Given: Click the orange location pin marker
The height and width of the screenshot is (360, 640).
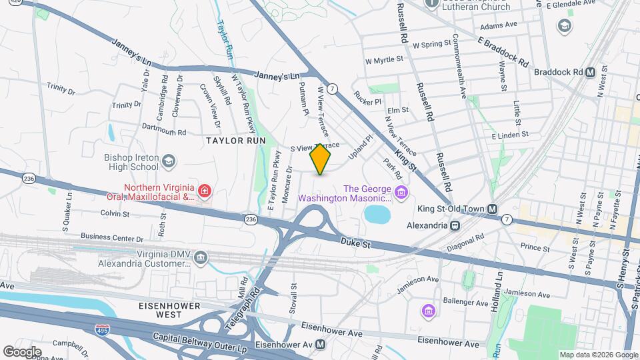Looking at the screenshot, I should coord(321,159).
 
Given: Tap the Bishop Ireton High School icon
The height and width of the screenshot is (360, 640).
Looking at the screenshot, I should coord(169,161).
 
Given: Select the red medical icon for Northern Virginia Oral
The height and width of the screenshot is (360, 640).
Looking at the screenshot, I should coord(205,192).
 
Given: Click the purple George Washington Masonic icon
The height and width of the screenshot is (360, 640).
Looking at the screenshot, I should coord(401,193).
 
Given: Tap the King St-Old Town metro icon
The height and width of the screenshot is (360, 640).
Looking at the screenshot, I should coord(492,209).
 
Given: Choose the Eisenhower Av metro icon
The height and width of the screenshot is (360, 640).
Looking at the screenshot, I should coord(321,345).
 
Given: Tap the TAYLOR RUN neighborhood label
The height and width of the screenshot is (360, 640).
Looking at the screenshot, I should coord(235,141).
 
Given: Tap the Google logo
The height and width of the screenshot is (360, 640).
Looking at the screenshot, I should coord(22,351).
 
